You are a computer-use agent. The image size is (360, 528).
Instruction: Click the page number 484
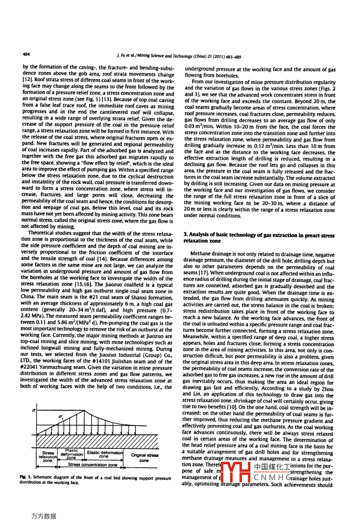point(26,54)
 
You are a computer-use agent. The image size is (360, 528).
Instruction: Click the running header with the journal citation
point(179,56)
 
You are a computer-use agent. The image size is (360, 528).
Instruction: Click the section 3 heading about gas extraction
point(259,238)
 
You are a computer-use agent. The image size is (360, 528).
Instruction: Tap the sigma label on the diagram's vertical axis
point(34,410)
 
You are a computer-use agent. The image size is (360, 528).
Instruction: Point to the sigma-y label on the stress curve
point(61,417)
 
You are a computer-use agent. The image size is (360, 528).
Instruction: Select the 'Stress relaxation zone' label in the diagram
point(47,457)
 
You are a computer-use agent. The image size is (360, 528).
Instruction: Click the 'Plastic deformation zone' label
point(71,454)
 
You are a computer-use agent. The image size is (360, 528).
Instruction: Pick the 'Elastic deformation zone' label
point(104,454)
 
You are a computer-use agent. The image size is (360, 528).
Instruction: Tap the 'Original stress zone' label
point(144,457)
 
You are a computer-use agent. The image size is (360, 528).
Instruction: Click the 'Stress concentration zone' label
point(92,465)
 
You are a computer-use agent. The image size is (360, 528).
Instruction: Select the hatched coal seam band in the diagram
point(97,441)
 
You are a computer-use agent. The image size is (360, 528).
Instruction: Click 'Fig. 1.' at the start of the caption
point(25,477)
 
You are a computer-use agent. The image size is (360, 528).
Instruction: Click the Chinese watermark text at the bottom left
point(44,516)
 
